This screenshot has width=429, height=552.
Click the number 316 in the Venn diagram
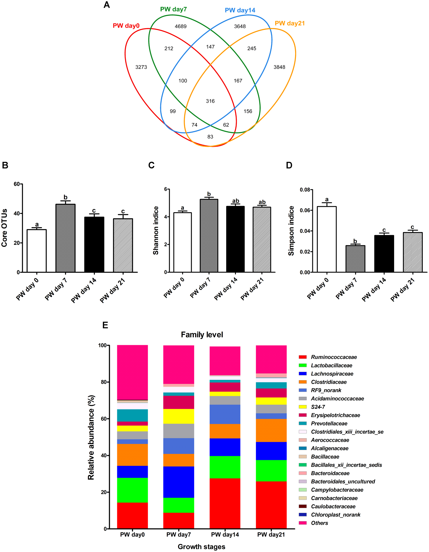pyautogui.click(x=210, y=101)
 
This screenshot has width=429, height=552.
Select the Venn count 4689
pyautogui.click(x=181, y=26)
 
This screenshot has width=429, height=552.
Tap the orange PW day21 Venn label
pyautogui.click(x=290, y=23)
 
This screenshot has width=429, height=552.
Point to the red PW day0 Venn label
pyautogui.click(x=126, y=26)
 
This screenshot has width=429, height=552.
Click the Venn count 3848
pyautogui.click(x=279, y=67)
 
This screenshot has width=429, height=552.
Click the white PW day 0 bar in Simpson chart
pyautogui.click(x=327, y=239)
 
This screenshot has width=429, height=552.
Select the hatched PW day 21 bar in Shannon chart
pyautogui.click(x=262, y=239)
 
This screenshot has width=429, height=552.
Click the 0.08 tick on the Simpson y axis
pyautogui.click(x=305, y=190)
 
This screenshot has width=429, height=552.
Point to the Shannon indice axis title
pyautogui.click(x=156, y=230)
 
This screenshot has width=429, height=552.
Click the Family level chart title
pyautogui.click(x=202, y=335)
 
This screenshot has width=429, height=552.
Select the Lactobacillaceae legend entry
pyautogui.click(x=331, y=365)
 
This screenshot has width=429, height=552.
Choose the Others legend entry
pyautogui.click(x=319, y=523)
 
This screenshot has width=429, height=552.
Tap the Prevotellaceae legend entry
pyautogui.click(x=329, y=423)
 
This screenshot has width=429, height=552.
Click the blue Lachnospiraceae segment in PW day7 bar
pyautogui.click(x=179, y=482)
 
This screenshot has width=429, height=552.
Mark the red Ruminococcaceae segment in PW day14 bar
pyautogui.click(x=225, y=503)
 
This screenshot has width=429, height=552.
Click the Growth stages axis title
pyautogui.click(x=201, y=546)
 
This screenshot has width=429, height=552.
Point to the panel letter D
pyautogui.click(x=289, y=165)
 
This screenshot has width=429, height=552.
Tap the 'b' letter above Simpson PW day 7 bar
pyautogui.click(x=355, y=241)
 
